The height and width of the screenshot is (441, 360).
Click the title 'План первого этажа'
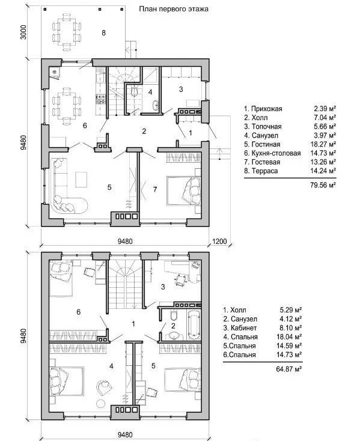(174, 9)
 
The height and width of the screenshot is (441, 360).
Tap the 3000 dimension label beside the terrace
(23, 32)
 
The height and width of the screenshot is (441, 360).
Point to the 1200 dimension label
(219, 241)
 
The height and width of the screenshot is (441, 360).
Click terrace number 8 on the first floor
(103, 33)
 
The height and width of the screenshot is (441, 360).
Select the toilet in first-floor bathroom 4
(135, 92)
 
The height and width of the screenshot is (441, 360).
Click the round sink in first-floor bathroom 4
(155, 105)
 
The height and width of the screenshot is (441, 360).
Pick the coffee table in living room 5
(81, 180)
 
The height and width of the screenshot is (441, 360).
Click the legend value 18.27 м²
(325, 144)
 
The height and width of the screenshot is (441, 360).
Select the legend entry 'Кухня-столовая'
(276, 153)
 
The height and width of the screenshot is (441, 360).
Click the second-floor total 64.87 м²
(289, 369)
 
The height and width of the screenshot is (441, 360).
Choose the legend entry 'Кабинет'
(243, 328)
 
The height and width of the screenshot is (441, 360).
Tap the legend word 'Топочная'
(266, 127)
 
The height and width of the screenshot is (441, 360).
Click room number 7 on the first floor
(155, 189)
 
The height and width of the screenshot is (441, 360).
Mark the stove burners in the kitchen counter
(101, 99)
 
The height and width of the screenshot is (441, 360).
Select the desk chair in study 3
(180, 280)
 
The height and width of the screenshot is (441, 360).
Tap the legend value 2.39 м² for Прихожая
(325, 109)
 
